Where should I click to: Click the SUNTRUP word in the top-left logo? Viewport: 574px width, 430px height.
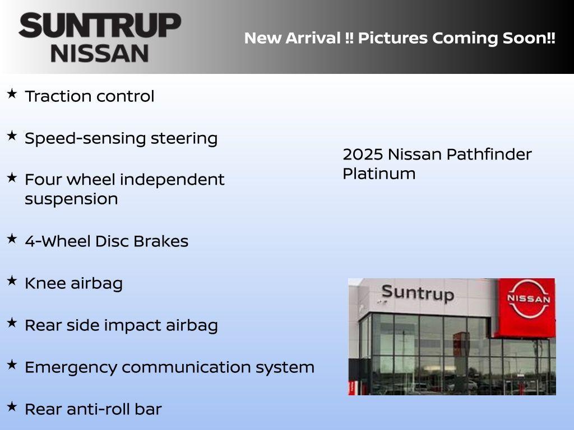click(x=100, y=25)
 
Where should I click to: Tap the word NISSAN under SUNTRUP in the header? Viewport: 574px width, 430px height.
click(x=100, y=53)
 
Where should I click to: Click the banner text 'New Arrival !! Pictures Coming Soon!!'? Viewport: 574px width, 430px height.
click(x=400, y=38)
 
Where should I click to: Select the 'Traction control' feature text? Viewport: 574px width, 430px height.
click(x=89, y=96)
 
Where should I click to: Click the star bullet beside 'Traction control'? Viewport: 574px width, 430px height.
click(x=12, y=94)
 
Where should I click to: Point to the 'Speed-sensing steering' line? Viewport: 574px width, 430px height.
click(x=121, y=138)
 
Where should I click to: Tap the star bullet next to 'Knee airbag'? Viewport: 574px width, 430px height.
click(x=12, y=281)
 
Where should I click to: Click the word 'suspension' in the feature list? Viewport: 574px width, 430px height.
click(x=71, y=199)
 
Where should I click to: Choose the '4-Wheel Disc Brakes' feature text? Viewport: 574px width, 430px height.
click(x=107, y=241)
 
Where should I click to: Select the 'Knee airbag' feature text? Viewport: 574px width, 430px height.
click(x=73, y=283)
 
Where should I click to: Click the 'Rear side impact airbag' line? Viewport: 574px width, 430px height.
click(x=121, y=325)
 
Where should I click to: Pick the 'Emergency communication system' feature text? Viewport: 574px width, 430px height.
click(x=169, y=367)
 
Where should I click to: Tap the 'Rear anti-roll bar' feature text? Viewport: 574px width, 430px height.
click(x=93, y=409)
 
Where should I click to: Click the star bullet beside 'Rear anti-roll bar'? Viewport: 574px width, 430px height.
click(x=12, y=406)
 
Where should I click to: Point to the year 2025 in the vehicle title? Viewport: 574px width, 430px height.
click(x=362, y=154)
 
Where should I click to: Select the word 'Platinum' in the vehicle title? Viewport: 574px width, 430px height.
click(x=379, y=174)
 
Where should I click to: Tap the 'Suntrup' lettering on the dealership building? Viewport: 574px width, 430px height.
click(x=417, y=292)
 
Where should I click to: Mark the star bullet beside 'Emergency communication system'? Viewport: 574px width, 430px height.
click(x=12, y=364)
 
